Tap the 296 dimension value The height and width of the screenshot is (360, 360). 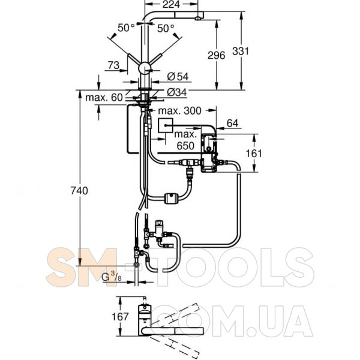[215, 55]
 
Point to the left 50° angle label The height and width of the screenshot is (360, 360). [126, 27]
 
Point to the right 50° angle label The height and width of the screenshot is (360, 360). [166, 27]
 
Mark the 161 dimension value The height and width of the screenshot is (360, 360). [254, 153]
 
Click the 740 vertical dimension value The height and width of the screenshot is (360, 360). [79, 191]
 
